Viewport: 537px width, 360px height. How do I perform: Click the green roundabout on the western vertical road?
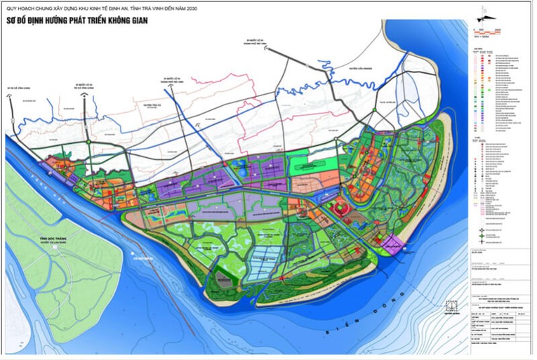(x=87, y=143)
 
